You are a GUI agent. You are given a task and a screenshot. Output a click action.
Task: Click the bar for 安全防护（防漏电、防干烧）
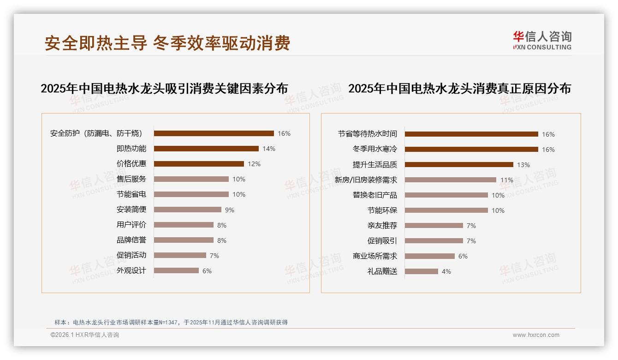click(214, 133)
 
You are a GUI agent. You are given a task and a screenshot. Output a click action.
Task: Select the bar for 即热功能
click(206, 149)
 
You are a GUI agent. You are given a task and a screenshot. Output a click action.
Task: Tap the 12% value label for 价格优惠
click(254, 164)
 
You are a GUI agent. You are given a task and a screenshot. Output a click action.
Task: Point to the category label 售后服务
click(131, 179)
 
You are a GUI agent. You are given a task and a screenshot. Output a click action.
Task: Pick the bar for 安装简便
click(187, 210)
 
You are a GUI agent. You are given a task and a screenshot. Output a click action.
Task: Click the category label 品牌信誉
click(131, 240)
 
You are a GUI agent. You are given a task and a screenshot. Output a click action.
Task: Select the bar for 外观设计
click(176, 270)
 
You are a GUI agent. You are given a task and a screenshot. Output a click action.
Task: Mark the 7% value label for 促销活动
click(214, 256)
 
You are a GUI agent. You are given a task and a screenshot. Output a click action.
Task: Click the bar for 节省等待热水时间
click(471, 134)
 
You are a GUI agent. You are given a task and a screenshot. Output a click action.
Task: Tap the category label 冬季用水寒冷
click(374, 150)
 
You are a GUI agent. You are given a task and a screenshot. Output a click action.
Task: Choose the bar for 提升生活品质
click(459, 164)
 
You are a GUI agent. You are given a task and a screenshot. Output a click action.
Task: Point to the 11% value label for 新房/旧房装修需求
click(507, 180)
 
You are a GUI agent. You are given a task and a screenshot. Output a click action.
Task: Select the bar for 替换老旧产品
click(446, 195)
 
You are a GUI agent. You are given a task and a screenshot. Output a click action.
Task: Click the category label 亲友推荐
click(382, 226)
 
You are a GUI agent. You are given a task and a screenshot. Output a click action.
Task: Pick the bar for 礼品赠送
click(422, 271)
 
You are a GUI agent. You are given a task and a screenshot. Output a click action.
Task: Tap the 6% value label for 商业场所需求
click(463, 256)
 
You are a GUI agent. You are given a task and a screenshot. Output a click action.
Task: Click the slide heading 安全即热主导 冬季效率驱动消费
click(167, 43)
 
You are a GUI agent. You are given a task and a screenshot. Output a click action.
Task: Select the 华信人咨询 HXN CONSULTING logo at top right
click(542, 40)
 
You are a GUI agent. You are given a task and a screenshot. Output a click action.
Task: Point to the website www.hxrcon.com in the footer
click(536, 335)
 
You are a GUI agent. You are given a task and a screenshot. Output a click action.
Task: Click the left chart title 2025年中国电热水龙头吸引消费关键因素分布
click(164, 88)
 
